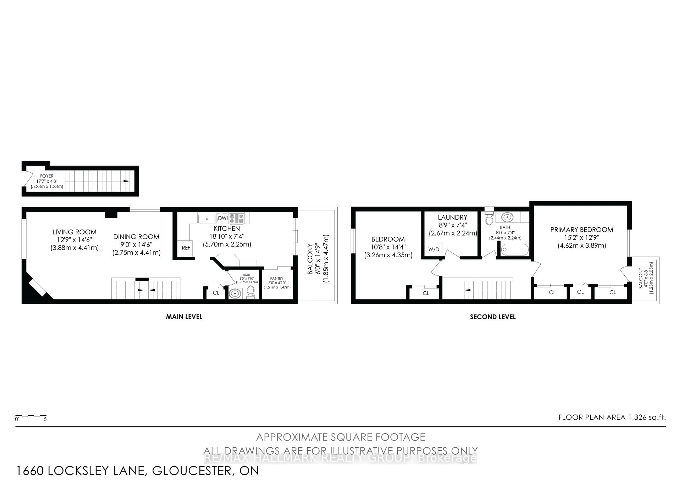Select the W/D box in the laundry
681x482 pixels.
[x=434, y=249]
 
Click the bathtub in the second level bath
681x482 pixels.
[x=515, y=250]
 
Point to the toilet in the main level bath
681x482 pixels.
[x=251, y=292]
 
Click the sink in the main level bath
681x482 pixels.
[x=235, y=293]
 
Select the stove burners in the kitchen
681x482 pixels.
[x=236, y=218]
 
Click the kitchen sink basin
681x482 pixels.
[x=207, y=219]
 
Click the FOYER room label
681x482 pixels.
[x=47, y=176]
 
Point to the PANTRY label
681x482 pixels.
[x=277, y=278]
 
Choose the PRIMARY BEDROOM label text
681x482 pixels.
[x=582, y=230]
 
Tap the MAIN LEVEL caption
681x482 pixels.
[x=184, y=317]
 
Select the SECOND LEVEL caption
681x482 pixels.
[x=493, y=317]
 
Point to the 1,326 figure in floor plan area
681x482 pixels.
[x=636, y=417]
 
